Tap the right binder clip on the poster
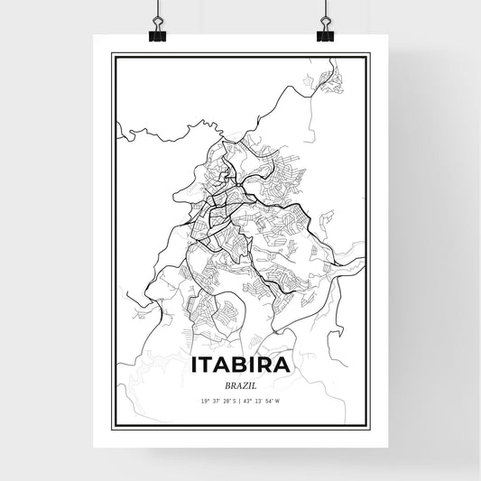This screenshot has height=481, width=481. pos(325,33)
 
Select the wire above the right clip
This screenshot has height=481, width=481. pos(325,9)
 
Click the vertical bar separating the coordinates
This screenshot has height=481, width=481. pos(240,401)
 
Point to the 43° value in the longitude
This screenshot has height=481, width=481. pos(248,401)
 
